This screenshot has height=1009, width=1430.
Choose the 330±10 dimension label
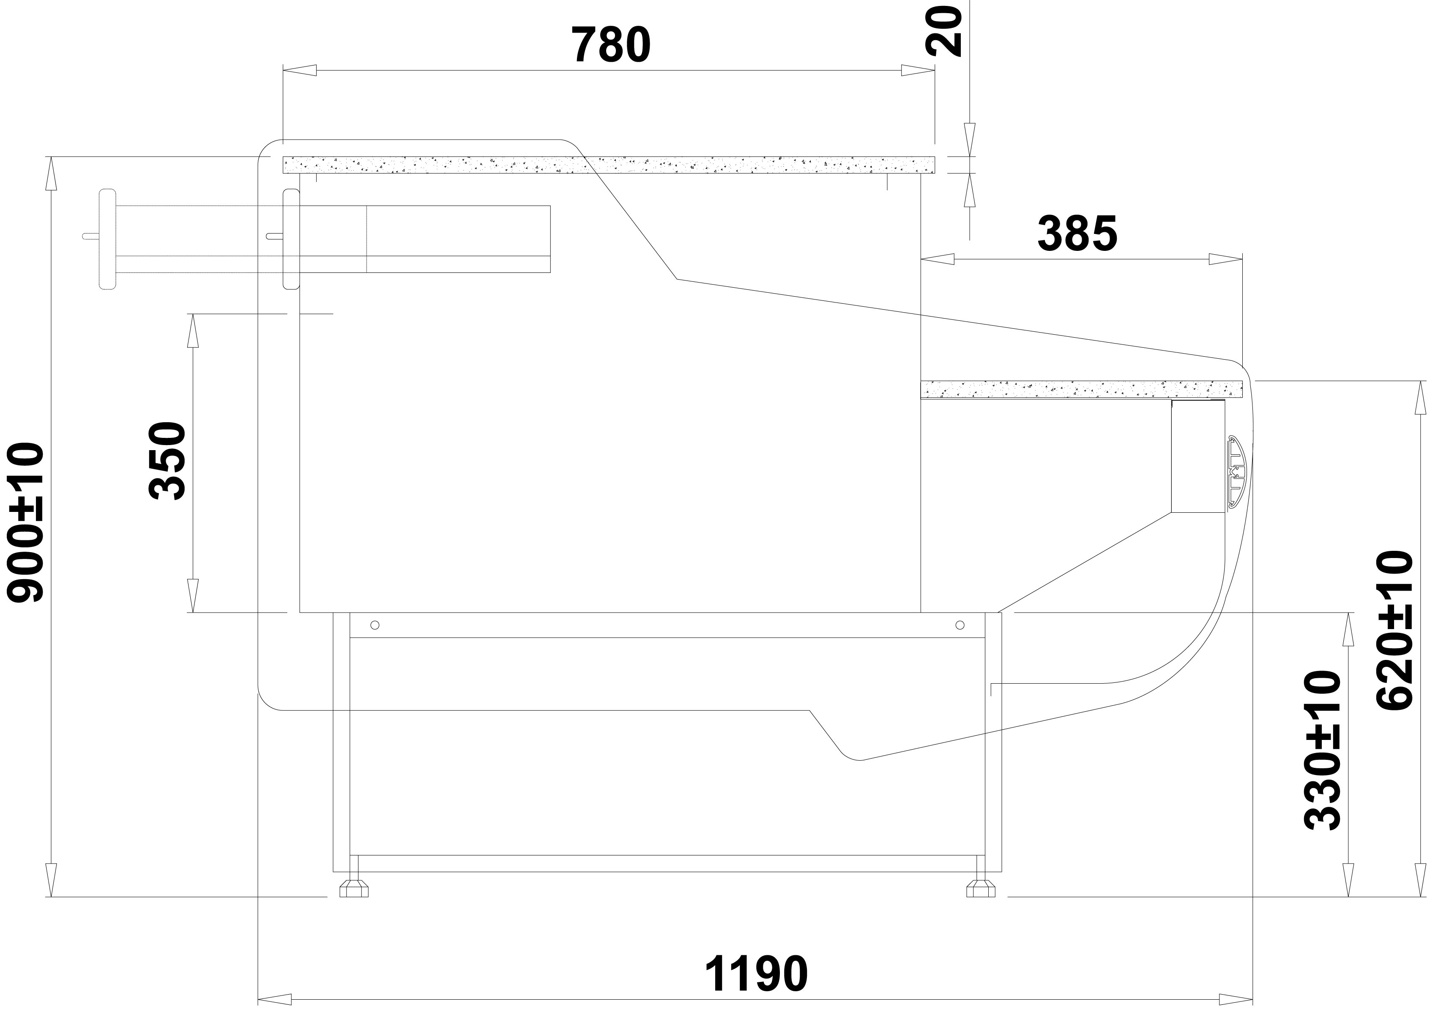tap(1322, 751)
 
